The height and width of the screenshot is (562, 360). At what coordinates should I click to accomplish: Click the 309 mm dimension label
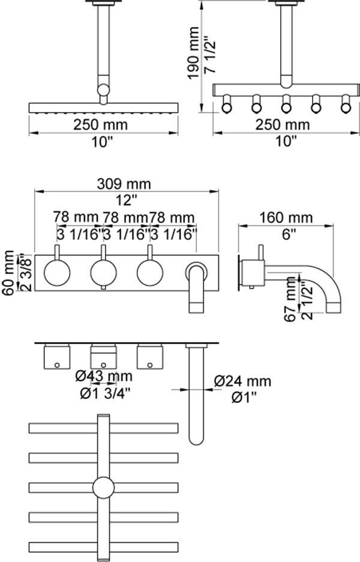pos(124,184)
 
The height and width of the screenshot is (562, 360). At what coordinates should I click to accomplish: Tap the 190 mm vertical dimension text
pos(193,53)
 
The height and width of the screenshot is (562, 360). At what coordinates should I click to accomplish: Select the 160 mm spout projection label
pos(286,218)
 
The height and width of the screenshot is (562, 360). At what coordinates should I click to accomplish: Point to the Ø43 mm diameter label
pos(104,376)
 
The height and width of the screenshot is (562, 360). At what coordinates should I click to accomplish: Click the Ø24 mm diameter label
pos(243,381)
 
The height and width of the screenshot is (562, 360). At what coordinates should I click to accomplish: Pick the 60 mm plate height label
pos(8,273)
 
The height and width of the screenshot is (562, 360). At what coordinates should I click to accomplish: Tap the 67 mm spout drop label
pos(291,299)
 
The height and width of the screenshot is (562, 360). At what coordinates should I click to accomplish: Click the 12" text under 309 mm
pos(124,200)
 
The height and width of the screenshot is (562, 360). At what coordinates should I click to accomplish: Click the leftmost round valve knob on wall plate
pos(57,273)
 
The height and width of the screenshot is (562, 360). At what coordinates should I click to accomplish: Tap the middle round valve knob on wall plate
pos(103,273)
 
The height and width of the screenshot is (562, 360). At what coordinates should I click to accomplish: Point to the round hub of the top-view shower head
pos(104,488)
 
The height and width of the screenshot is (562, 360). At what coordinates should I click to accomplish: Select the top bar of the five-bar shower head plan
pos(103,428)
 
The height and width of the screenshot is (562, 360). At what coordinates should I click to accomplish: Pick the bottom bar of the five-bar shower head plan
pos(103,547)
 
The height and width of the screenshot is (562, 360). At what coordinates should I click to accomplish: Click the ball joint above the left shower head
pos(103,89)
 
